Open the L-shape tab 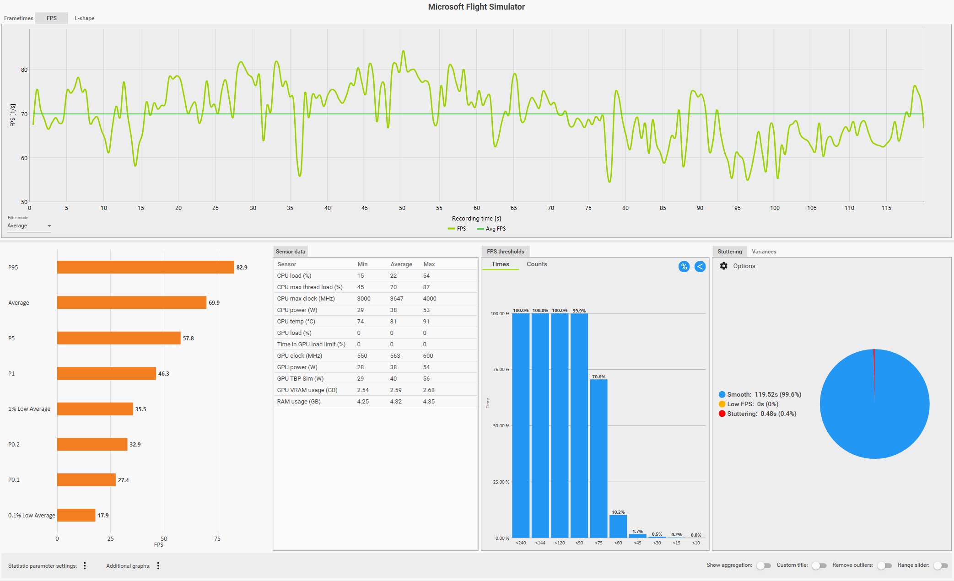coord(84,18)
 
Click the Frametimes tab coord(19,18)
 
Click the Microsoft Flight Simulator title coord(476,7)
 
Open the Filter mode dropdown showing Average coord(29,226)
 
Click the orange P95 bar coord(146,267)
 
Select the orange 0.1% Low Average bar coord(76,515)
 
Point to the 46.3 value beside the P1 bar coord(163,374)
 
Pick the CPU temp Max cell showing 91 coord(426,321)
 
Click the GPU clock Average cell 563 coord(395,355)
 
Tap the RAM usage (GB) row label coord(299,401)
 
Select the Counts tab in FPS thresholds coord(537,264)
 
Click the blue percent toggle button coord(684,267)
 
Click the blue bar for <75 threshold coord(598,457)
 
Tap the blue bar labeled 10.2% coord(618,526)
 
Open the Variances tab coord(764,252)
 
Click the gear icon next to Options coord(723,266)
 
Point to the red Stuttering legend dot coord(722,414)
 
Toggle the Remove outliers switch coord(884,565)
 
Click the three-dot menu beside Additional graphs coord(158,566)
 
